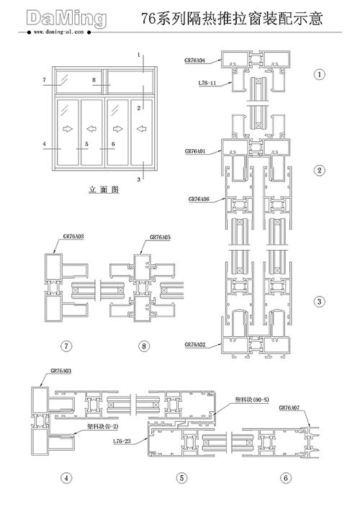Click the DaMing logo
pyautogui.click(x=66, y=19)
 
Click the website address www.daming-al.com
pyautogui.click(x=58, y=32)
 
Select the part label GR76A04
pyautogui.click(x=195, y=60)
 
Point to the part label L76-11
pyautogui.click(x=207, y=83)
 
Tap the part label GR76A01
pyautogui.click(x=195, y=151)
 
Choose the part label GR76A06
pyautogui.click(x=199, y=199)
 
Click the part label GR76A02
pyautogui.click(x=195, y=345)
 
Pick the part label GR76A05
pyautogui.click(x=160, y=238)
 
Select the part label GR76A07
pyautogui.click(x=289, y=407)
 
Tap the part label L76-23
pyautogui.click(x=122, y=441)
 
